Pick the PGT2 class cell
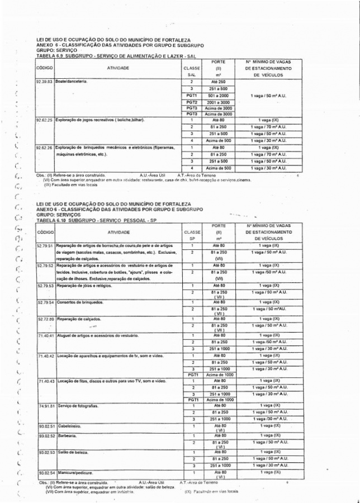(192, 103)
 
